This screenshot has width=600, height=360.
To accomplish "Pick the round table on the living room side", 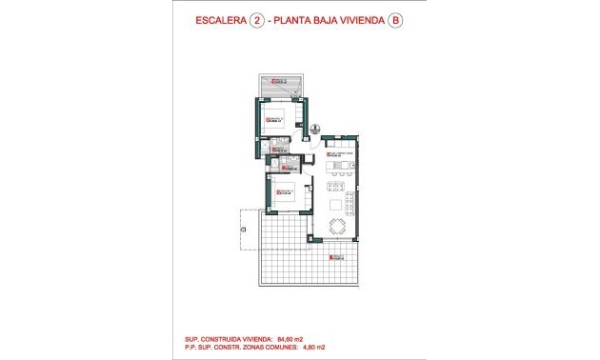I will pyautogui.click(x=337, y=226).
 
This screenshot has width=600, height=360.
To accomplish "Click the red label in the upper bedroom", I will pyautogui.click(x=273, y=118).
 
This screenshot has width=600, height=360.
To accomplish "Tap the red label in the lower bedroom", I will pyautogui.click(x=282, y=192).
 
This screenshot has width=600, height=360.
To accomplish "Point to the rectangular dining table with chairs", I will pyautogui.click(x=337, y=172).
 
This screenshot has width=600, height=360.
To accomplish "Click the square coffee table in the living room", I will pyautogui.click(x=335, y=204).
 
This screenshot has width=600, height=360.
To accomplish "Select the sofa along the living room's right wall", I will pyautogui.click(x=352, y=204).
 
